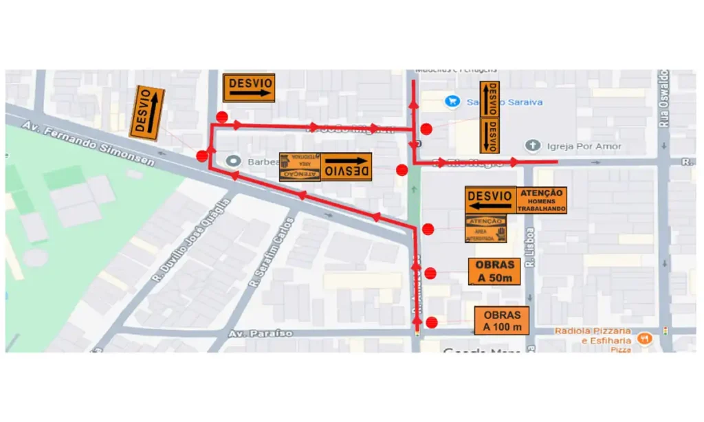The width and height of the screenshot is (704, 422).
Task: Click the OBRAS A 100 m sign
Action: point(501,320)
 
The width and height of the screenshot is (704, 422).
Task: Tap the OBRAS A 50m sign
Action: point(494,271)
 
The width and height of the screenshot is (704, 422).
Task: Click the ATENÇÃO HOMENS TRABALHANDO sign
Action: point(542,200)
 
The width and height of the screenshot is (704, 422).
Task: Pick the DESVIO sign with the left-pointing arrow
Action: point(490,200)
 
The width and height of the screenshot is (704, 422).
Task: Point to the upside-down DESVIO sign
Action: point(347,167)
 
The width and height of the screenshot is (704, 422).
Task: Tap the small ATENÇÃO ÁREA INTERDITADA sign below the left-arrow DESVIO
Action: point(485,230)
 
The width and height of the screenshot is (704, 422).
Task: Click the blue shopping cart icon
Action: point(452,102)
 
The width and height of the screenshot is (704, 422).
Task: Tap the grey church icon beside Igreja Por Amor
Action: point(533,146)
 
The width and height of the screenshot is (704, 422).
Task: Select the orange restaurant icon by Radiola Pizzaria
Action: point(644,337)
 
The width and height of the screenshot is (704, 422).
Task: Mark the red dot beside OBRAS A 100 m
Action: point(432,322)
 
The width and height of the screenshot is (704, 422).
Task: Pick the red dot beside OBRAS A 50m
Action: point(430,274)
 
